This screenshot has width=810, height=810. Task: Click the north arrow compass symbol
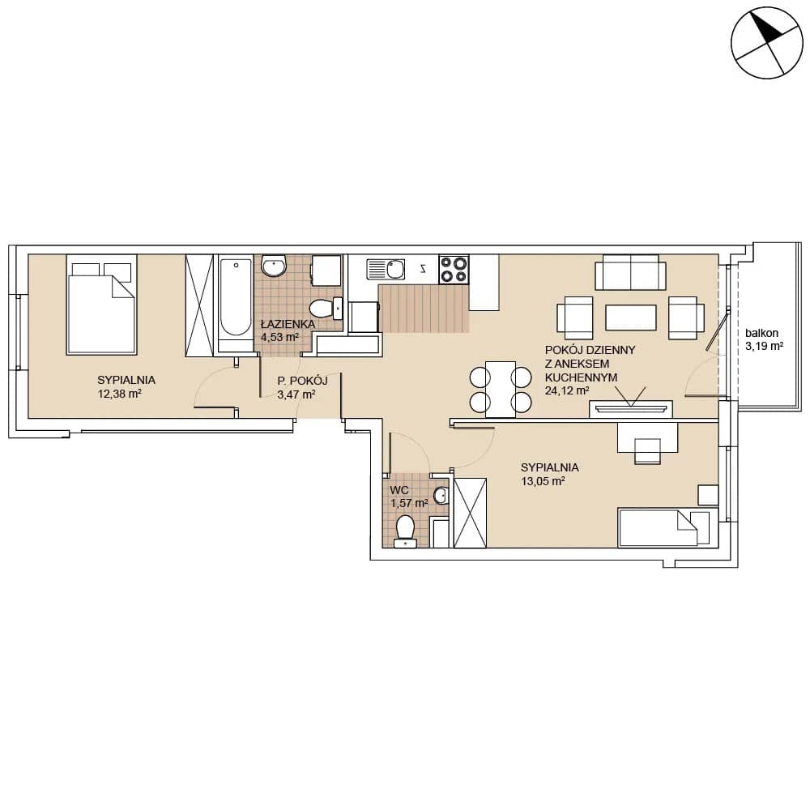(766, 43)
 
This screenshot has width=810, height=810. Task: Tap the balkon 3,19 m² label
(764, 339)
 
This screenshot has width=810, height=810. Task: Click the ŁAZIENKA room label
(288, 325)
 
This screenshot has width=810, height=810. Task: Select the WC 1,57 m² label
(408, 497)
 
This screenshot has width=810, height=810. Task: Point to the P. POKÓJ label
(302, 382)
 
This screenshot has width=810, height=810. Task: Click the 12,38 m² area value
(119, 394)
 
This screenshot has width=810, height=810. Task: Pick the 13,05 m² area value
(543, 481)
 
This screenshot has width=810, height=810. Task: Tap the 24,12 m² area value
(567, 390)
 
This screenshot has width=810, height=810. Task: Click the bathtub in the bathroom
(235, 304)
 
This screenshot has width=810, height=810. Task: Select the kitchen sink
(386, 269)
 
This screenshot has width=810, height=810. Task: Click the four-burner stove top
(454, 269)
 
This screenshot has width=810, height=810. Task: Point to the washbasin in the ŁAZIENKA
(274, 266)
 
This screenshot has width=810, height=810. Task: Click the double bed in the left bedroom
(101, 305)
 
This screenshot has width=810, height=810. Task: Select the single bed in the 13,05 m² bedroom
(668, 527)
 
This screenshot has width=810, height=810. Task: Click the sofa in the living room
(630, 272)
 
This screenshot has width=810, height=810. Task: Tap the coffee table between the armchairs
(631, 318)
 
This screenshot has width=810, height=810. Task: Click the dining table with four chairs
(501, 389)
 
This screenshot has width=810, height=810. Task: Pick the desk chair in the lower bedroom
(648, 450)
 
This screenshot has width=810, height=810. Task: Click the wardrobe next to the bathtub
(199, 305)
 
